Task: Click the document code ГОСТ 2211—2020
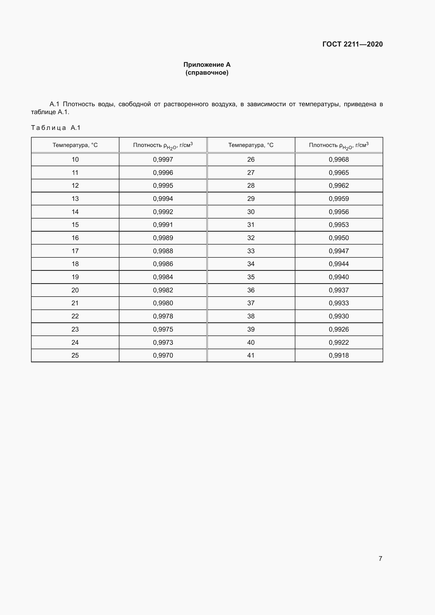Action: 352,44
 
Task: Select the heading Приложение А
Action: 207,65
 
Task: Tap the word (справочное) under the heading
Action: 207,73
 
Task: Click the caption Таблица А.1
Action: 56,128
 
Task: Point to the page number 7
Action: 380,558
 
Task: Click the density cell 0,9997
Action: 163,160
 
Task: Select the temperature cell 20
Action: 75,290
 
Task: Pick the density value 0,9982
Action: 163,290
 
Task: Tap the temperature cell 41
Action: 251,355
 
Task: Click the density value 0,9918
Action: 338,355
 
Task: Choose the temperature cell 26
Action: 251,160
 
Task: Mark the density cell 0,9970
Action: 163,355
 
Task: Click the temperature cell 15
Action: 75,225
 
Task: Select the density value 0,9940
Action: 338,277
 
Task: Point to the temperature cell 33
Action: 251,251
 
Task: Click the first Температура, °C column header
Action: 75,145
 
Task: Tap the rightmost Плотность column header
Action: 338,145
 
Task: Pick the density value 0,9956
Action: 338,212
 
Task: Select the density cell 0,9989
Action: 163,238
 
